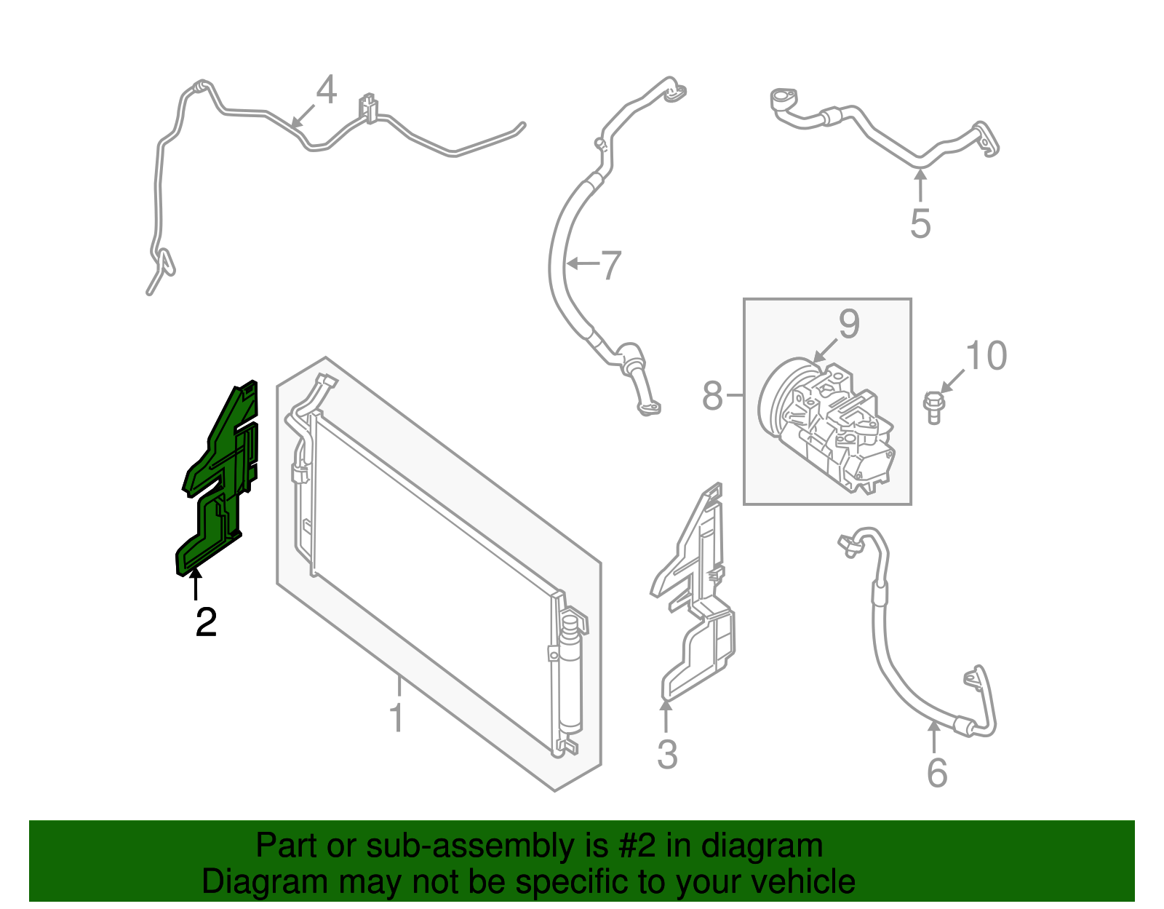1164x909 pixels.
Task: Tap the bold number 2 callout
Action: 206,623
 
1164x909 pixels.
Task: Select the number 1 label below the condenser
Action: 396,718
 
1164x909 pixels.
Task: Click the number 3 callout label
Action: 667,755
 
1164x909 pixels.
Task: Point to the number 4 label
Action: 327,91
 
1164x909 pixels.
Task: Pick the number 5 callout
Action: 920,223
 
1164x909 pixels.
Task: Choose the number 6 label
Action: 937,773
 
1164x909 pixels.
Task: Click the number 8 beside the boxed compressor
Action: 712,397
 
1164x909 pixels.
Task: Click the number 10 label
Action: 986,356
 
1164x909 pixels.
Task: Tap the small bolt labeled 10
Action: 933,407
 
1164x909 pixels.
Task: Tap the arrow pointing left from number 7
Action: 582,263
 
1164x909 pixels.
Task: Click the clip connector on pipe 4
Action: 369,108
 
